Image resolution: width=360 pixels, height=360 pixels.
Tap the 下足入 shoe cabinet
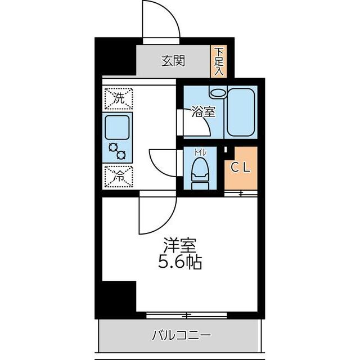pyautogui.click(x=218, y=61)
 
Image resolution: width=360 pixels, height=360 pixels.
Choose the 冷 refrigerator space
pyautogui.click(x=118, y=175)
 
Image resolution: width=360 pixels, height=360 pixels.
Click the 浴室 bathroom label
pyautogui.click(x=203, y=111)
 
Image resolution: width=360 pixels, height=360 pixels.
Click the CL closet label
pyautogui.click(x=241, y=167)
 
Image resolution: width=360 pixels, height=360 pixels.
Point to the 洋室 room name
pyautogui.click(x=180, y=246)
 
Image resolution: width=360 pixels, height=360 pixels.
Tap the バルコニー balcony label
pyautogui.click(x=181, y=336)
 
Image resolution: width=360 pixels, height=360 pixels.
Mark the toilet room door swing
pyautogui.click(x=163, y=164)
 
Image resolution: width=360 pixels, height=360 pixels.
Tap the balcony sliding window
pyautogui.click(x=186, y=315)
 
